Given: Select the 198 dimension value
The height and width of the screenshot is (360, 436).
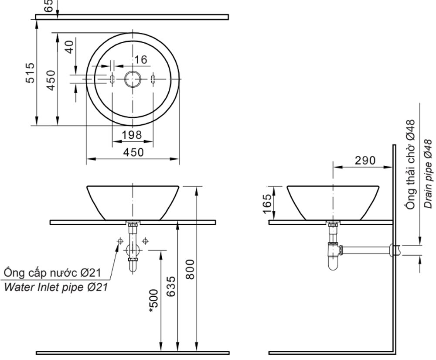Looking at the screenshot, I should (x=132, y=135).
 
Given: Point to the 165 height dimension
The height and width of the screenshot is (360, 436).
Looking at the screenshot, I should (x=267, y=202).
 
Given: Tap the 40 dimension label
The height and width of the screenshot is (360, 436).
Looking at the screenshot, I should (x=69, y=47).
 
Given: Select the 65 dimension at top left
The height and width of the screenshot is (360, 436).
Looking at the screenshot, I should (x=49, y=5).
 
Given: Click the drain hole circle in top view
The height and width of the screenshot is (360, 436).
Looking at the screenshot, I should (x=132, y=79).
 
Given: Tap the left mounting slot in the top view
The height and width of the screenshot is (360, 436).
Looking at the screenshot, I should (x=112, y=79).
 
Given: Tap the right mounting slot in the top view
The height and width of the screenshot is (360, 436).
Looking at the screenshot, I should (x=153, y=79).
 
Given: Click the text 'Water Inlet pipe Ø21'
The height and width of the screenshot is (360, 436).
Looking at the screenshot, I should (x=56, y=287).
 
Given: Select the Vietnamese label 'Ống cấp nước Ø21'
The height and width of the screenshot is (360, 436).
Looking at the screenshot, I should (x=52, y=273).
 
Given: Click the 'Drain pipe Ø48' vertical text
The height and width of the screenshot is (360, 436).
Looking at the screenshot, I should (x=428, y=173).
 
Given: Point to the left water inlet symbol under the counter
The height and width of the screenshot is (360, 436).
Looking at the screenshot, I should (x=119, y=241).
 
